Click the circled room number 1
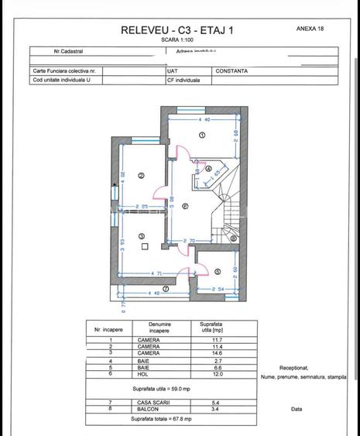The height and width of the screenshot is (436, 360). pyautogui.click(x=202, y=135)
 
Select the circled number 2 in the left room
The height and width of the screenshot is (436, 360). pyautogui.click(x=141, y=176)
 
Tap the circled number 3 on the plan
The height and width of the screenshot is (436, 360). pyautogui.click(x=142, y=236)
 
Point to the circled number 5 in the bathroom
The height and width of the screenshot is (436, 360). pyautogui.click(x=218, y=271)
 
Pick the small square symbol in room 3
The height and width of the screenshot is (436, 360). pyautogui.click(x=145, y=246)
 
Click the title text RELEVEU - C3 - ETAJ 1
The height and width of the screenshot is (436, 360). pyautogui.click(x=177, y=30)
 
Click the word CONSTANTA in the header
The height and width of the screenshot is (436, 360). pyautogui.click(x=231, y=70)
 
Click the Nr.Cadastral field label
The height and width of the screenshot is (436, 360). pyautogui.click(x=69, y=53)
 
